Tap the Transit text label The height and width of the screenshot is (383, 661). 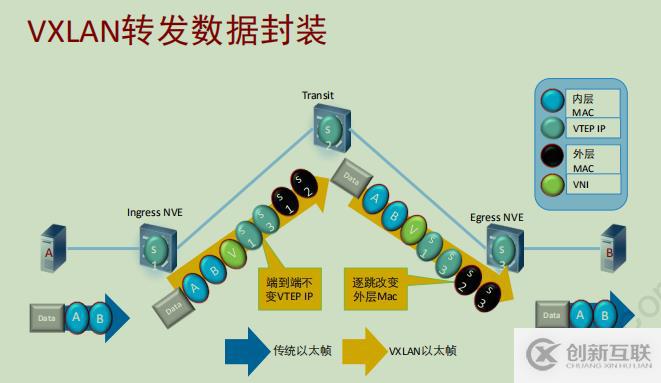[x=318, y=95]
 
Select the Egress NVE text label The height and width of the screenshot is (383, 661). [x=499, y=215]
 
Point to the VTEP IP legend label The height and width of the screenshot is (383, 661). [x=590, y=129]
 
